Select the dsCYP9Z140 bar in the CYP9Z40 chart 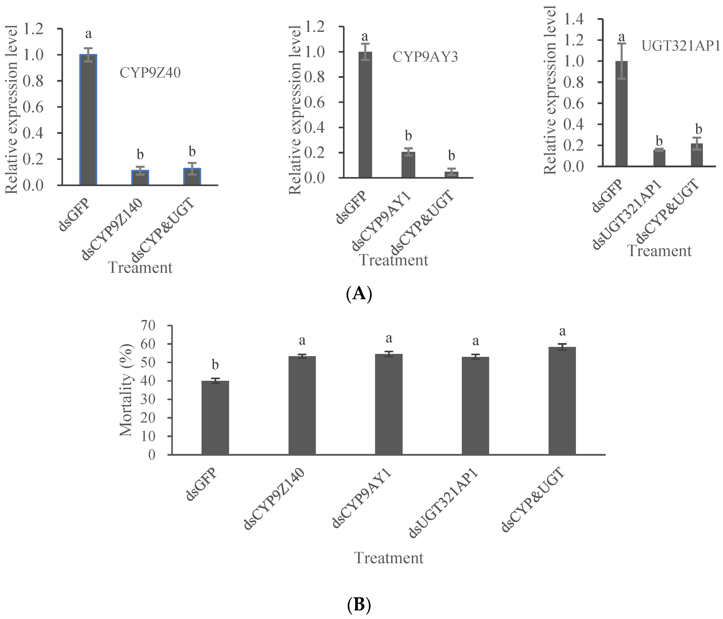click(x=140, y=178)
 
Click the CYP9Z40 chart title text click(x=150, y=73)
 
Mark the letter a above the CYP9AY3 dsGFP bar click(x=365, y=36)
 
